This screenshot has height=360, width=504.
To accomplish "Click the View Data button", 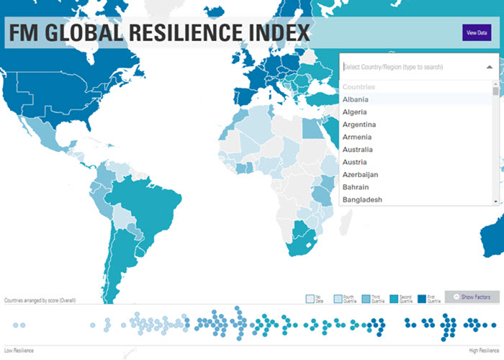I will tap(477, 33).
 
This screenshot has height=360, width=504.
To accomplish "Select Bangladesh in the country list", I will tap(362, 199).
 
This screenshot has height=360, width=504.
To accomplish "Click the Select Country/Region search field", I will tap(410, 67).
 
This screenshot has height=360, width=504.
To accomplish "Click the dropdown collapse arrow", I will tap(490, 67).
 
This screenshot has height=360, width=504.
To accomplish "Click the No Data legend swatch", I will tap(310, 297).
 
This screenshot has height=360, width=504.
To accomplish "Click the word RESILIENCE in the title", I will tap(184, 33).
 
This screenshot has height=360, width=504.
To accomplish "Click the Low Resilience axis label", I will tap(19, 351).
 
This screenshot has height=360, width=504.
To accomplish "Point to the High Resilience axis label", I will tap(483, 351).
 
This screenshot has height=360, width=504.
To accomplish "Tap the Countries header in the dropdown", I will tap(359, 87).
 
